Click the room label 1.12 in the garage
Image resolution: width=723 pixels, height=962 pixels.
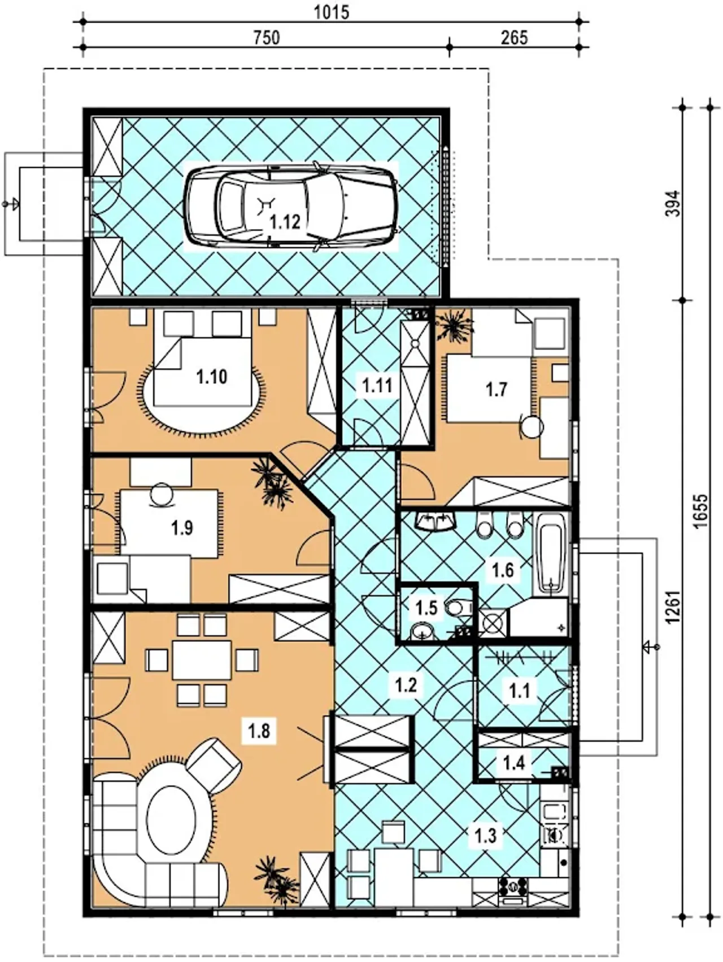coord(285,221)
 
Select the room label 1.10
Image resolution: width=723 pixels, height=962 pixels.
coord(212,377)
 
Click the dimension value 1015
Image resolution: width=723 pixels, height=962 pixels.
coord(332,12)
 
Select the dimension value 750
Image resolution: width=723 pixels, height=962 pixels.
coord(266,37)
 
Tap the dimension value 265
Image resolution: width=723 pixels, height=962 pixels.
coord(514,37)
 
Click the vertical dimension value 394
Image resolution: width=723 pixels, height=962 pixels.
coord(676,204)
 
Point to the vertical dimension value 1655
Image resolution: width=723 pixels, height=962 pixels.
coord(700,511)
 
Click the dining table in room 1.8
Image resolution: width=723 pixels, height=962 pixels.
coord(202,660)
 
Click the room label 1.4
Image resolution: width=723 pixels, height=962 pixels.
coord(514,763)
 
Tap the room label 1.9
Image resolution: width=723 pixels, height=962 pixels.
coord(182,528)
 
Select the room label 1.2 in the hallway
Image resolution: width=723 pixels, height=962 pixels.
coord(406,685)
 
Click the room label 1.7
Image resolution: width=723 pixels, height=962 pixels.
coord(496,390)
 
